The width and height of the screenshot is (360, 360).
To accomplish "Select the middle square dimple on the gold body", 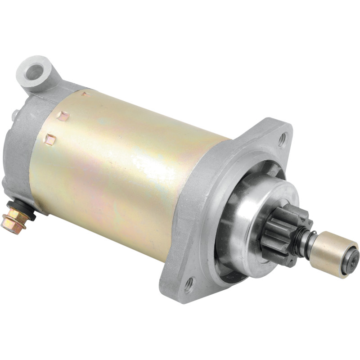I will [x=63, y=116].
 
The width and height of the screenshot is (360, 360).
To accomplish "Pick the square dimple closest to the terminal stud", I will [x=50, y=139].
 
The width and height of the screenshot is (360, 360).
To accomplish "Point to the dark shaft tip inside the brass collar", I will [x=354, y=258].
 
